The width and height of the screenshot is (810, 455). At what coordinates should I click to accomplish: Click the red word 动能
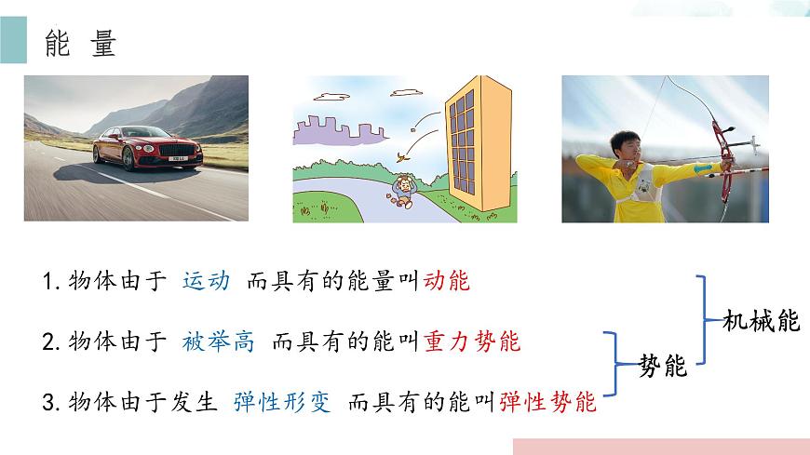(x=448, y=280)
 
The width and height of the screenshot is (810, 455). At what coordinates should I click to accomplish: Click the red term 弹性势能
(x=547, y=403)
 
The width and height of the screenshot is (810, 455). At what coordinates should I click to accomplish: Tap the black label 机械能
(x=761, y=321)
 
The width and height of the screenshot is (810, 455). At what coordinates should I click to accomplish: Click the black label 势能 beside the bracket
(x=663, y=367)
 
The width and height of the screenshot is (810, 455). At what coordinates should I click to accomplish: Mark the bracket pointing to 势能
(x=617, y=366)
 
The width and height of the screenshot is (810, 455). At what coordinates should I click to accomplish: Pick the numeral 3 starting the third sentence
(x=48, y=404)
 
